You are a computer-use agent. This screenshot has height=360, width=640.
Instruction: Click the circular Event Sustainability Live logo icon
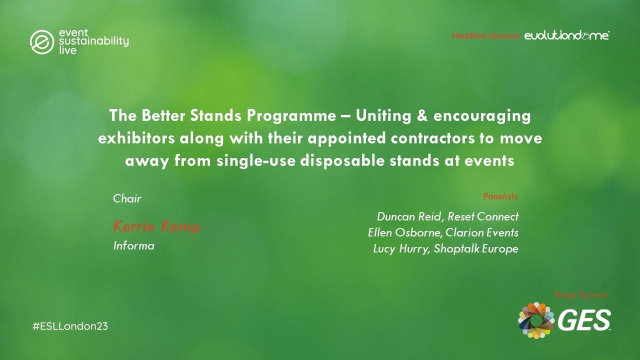pyautogui.click(x=41, y=42)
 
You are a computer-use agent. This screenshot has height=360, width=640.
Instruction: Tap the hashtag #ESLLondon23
pyautogui.click(x=70, y=326)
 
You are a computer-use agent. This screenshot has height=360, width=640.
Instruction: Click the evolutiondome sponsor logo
pyautogui.click(x=566, y=35)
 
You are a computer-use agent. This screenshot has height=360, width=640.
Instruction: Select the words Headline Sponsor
pyautogui.click(x=486, y=36)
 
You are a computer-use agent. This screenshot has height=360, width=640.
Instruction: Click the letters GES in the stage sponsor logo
pyautogui.click(x=583, y=320)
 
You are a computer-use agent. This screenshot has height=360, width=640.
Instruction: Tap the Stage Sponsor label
pyautogui.click(x=582, y=295)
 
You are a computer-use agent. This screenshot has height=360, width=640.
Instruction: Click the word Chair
pyautogui.click(x=127, y=198)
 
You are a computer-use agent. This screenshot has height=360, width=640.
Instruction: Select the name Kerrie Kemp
pyautogui.click(x=156, y=227)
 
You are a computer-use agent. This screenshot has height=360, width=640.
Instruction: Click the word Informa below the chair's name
pyautogui.click(x=133, y=246)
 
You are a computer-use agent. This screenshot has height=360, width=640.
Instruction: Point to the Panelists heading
pyautogui.click(x=500, y=196)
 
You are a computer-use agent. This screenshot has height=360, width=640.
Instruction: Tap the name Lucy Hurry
pyautogui.click(x=400, y=248)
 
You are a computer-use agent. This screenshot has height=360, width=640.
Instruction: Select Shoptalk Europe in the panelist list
pyautogui.click(x=476, y=248)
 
